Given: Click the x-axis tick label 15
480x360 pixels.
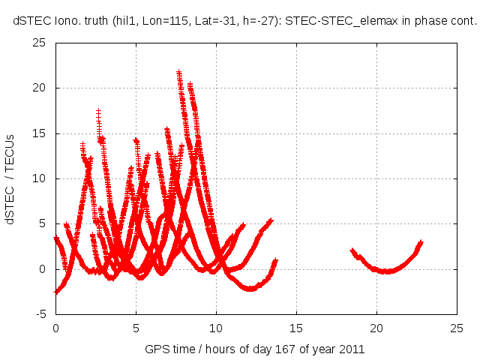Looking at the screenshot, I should (296, 328).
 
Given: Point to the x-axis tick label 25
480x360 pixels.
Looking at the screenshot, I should (457, 328).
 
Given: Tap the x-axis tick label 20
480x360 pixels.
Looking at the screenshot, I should (376, 328).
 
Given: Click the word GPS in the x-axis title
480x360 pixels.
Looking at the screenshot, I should (156, 349).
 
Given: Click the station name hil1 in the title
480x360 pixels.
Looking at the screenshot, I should (125, 22).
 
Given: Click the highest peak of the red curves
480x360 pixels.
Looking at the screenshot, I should (179, 73).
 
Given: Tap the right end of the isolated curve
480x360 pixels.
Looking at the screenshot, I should (421, 242).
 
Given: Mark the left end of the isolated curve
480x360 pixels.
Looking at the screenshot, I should (352, 250).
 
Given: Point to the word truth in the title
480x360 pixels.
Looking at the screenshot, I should (93, 22).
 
